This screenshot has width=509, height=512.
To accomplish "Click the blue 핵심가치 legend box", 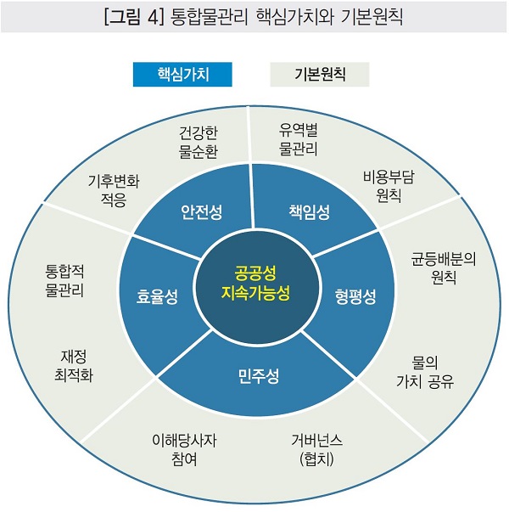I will pos(182,75).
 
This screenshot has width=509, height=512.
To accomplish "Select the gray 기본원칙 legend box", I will pos(320,75).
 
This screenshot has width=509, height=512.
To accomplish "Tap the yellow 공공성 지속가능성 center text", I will pos(255,284).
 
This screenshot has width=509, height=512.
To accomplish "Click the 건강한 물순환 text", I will pos(199,142).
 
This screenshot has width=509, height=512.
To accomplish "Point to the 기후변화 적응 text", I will pos(114,191).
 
